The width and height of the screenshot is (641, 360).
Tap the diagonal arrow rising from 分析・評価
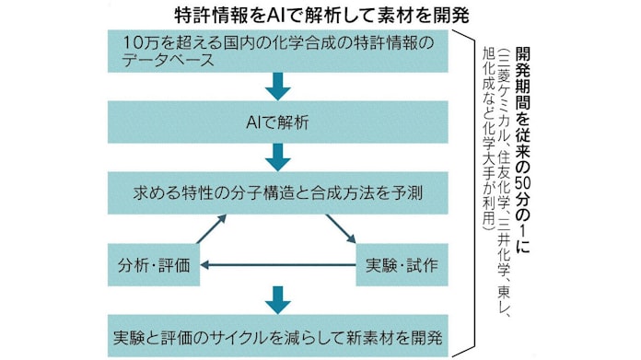tap(210, 229)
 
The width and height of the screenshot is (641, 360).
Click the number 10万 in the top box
tap(138, 42)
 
